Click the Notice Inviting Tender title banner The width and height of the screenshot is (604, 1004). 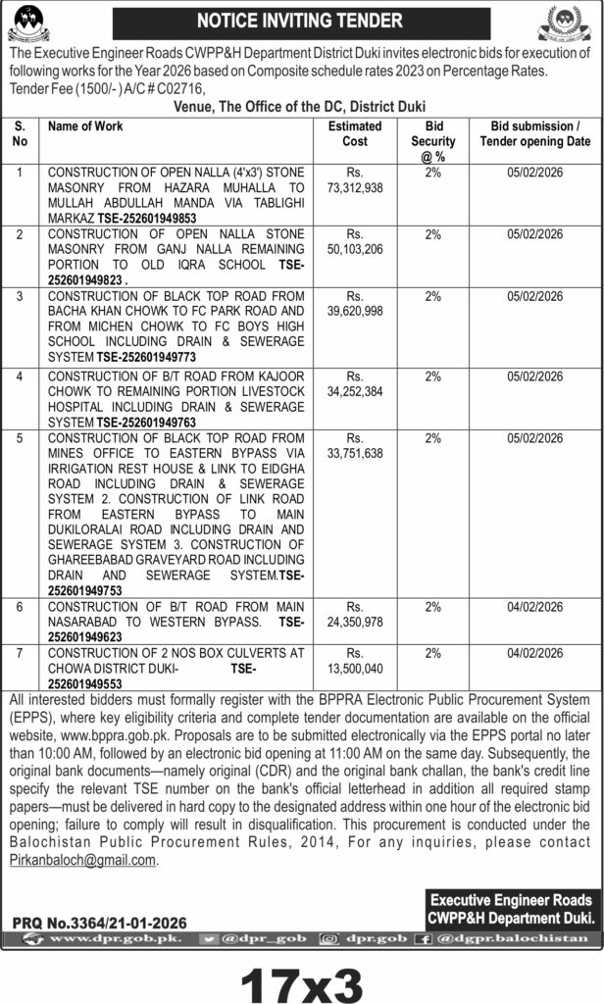[300, 21]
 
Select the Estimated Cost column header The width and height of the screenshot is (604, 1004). [355, 133]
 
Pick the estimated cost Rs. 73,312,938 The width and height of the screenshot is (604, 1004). [355, 178]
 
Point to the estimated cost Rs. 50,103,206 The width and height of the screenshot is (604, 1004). [355, 242]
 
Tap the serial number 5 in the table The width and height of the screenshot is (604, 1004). [20, 438]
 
